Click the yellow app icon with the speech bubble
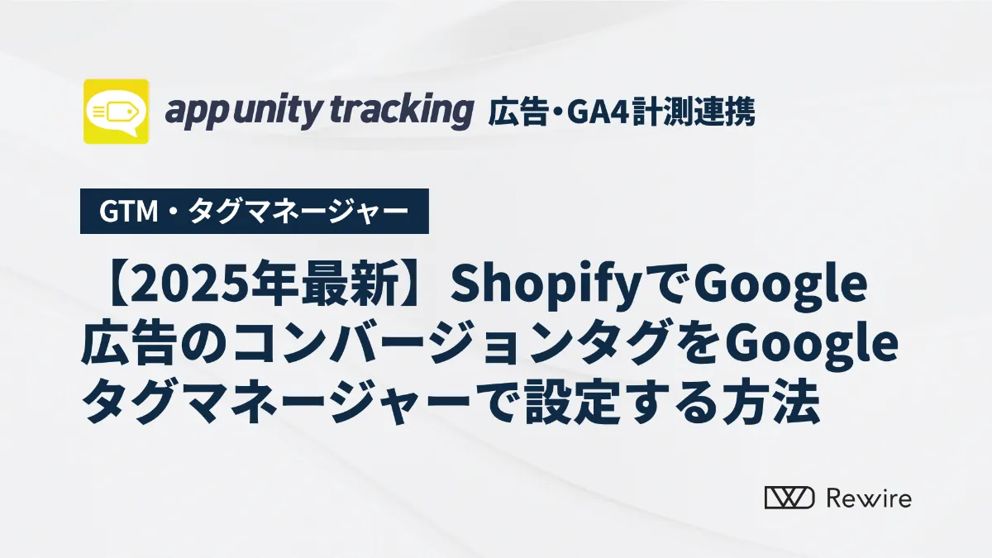(x=116, y=111)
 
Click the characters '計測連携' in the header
(x=693, y=112)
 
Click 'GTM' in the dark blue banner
(x=128, y=212)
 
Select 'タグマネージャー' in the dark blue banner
(x=298, y=212)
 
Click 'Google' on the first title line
(x=780, y=288)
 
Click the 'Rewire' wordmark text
(x=869, y=498)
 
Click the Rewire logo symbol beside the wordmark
(x=789, y=498)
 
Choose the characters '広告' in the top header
(x=517, y=112)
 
